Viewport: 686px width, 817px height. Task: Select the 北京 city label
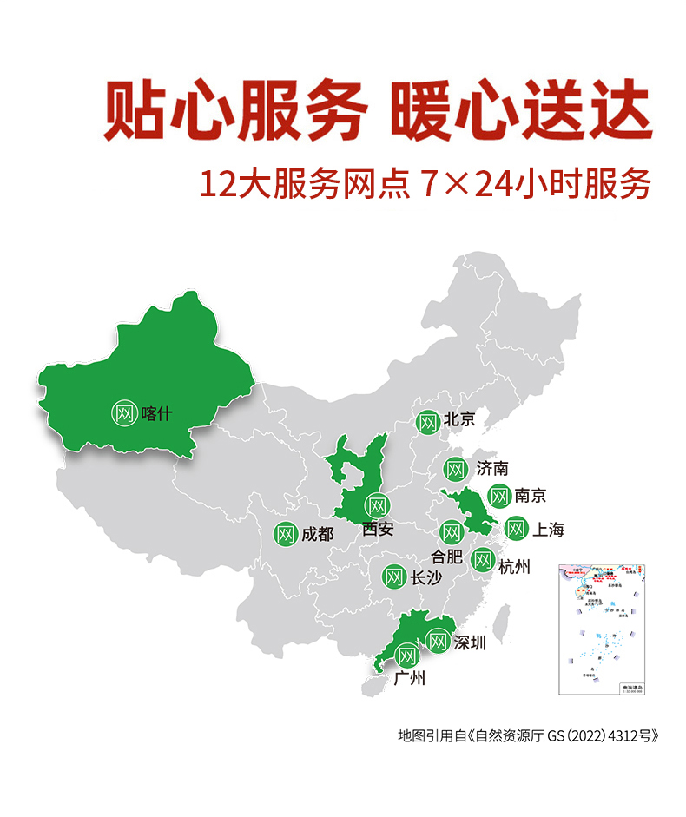[x=459, y=419]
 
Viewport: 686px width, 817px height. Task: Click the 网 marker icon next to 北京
[x=426, y=423]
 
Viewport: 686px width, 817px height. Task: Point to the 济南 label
[x=492, y=469]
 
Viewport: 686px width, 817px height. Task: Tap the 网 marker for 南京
[x=498, y=496]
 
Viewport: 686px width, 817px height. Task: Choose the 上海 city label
[x=548, y=529]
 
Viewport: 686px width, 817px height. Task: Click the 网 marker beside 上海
[x=516, y=528]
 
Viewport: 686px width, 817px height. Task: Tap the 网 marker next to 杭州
[x=483, y=561]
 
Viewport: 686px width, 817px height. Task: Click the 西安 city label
[x=379, y=528]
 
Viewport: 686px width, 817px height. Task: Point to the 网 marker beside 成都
[x=286, y=534]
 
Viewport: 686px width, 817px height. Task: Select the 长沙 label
[x=426, y=577]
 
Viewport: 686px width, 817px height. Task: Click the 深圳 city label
[x=470, y=643]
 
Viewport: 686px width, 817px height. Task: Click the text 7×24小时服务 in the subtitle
[x=534, y=185]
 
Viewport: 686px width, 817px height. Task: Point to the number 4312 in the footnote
[x=609, y=735]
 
